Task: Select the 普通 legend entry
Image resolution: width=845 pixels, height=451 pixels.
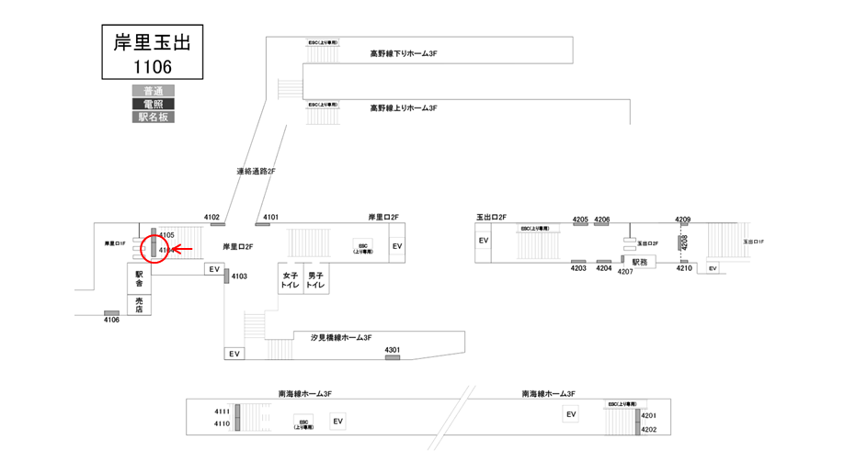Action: point(153,91)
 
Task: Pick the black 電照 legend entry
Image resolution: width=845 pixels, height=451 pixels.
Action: point(153,104)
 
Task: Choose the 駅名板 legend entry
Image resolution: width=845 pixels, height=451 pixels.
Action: point(153,117)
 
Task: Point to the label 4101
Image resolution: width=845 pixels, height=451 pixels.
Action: point(270,217)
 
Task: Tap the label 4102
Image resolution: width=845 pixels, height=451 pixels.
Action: point(213,217)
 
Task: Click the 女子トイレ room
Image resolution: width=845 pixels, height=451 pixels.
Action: point(291,280)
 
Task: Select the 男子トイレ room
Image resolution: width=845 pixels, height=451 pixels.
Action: point(316,280)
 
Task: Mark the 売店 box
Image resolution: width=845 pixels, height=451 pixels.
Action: point(139,304)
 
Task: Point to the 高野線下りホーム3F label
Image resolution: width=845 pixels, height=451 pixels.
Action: point(403,53)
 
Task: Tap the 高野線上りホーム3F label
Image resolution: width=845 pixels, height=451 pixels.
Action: point(403,107)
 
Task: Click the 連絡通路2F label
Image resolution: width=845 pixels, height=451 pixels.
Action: point(256,171)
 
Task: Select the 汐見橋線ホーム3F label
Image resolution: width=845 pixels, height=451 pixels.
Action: point(341,338)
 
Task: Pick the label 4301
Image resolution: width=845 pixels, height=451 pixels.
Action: point(392,349)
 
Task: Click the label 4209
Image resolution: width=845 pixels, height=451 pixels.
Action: point(682,219)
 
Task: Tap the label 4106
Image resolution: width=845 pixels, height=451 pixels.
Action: point(111,320)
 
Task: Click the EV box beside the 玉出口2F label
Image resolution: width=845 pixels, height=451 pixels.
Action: point(484,241)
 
